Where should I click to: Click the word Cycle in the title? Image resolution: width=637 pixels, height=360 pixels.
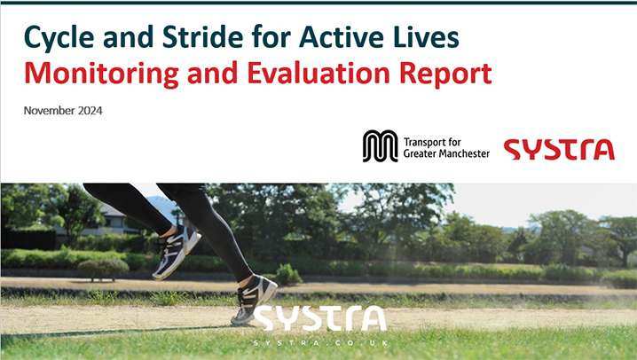coord(59,37)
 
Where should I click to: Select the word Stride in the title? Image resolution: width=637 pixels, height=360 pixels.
coord(203,36)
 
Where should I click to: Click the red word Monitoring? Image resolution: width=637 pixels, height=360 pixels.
coord(101,74)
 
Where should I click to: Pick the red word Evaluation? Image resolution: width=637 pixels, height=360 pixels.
coord(318,73)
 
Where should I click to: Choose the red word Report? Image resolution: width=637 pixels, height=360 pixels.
coord(445,74)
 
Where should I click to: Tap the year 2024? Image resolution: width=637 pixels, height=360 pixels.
coord(90,111)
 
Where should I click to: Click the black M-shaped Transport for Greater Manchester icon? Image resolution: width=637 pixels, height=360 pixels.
coord(381,146)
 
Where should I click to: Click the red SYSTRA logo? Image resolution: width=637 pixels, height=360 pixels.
coord(559,149)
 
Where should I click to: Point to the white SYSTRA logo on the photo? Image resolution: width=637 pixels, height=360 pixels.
coord(319,318)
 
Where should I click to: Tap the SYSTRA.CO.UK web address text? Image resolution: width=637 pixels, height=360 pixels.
coord(320,343)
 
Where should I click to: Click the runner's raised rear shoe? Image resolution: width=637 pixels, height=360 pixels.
coord(177,252)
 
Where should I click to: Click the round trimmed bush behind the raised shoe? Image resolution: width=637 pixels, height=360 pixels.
coord(103,269)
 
